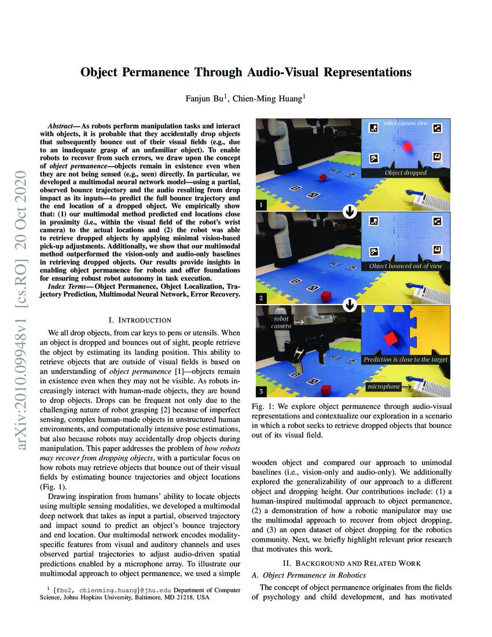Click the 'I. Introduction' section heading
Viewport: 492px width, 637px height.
(140, 320)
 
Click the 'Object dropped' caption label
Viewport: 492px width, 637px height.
(405, 173)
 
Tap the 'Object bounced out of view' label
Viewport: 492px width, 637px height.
(405, 266)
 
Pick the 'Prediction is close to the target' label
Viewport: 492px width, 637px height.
(405, 360)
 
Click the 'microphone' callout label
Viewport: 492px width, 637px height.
(384, 386)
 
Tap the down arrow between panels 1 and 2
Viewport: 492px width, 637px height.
(349, 212)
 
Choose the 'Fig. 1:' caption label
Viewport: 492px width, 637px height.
(264, 407)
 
